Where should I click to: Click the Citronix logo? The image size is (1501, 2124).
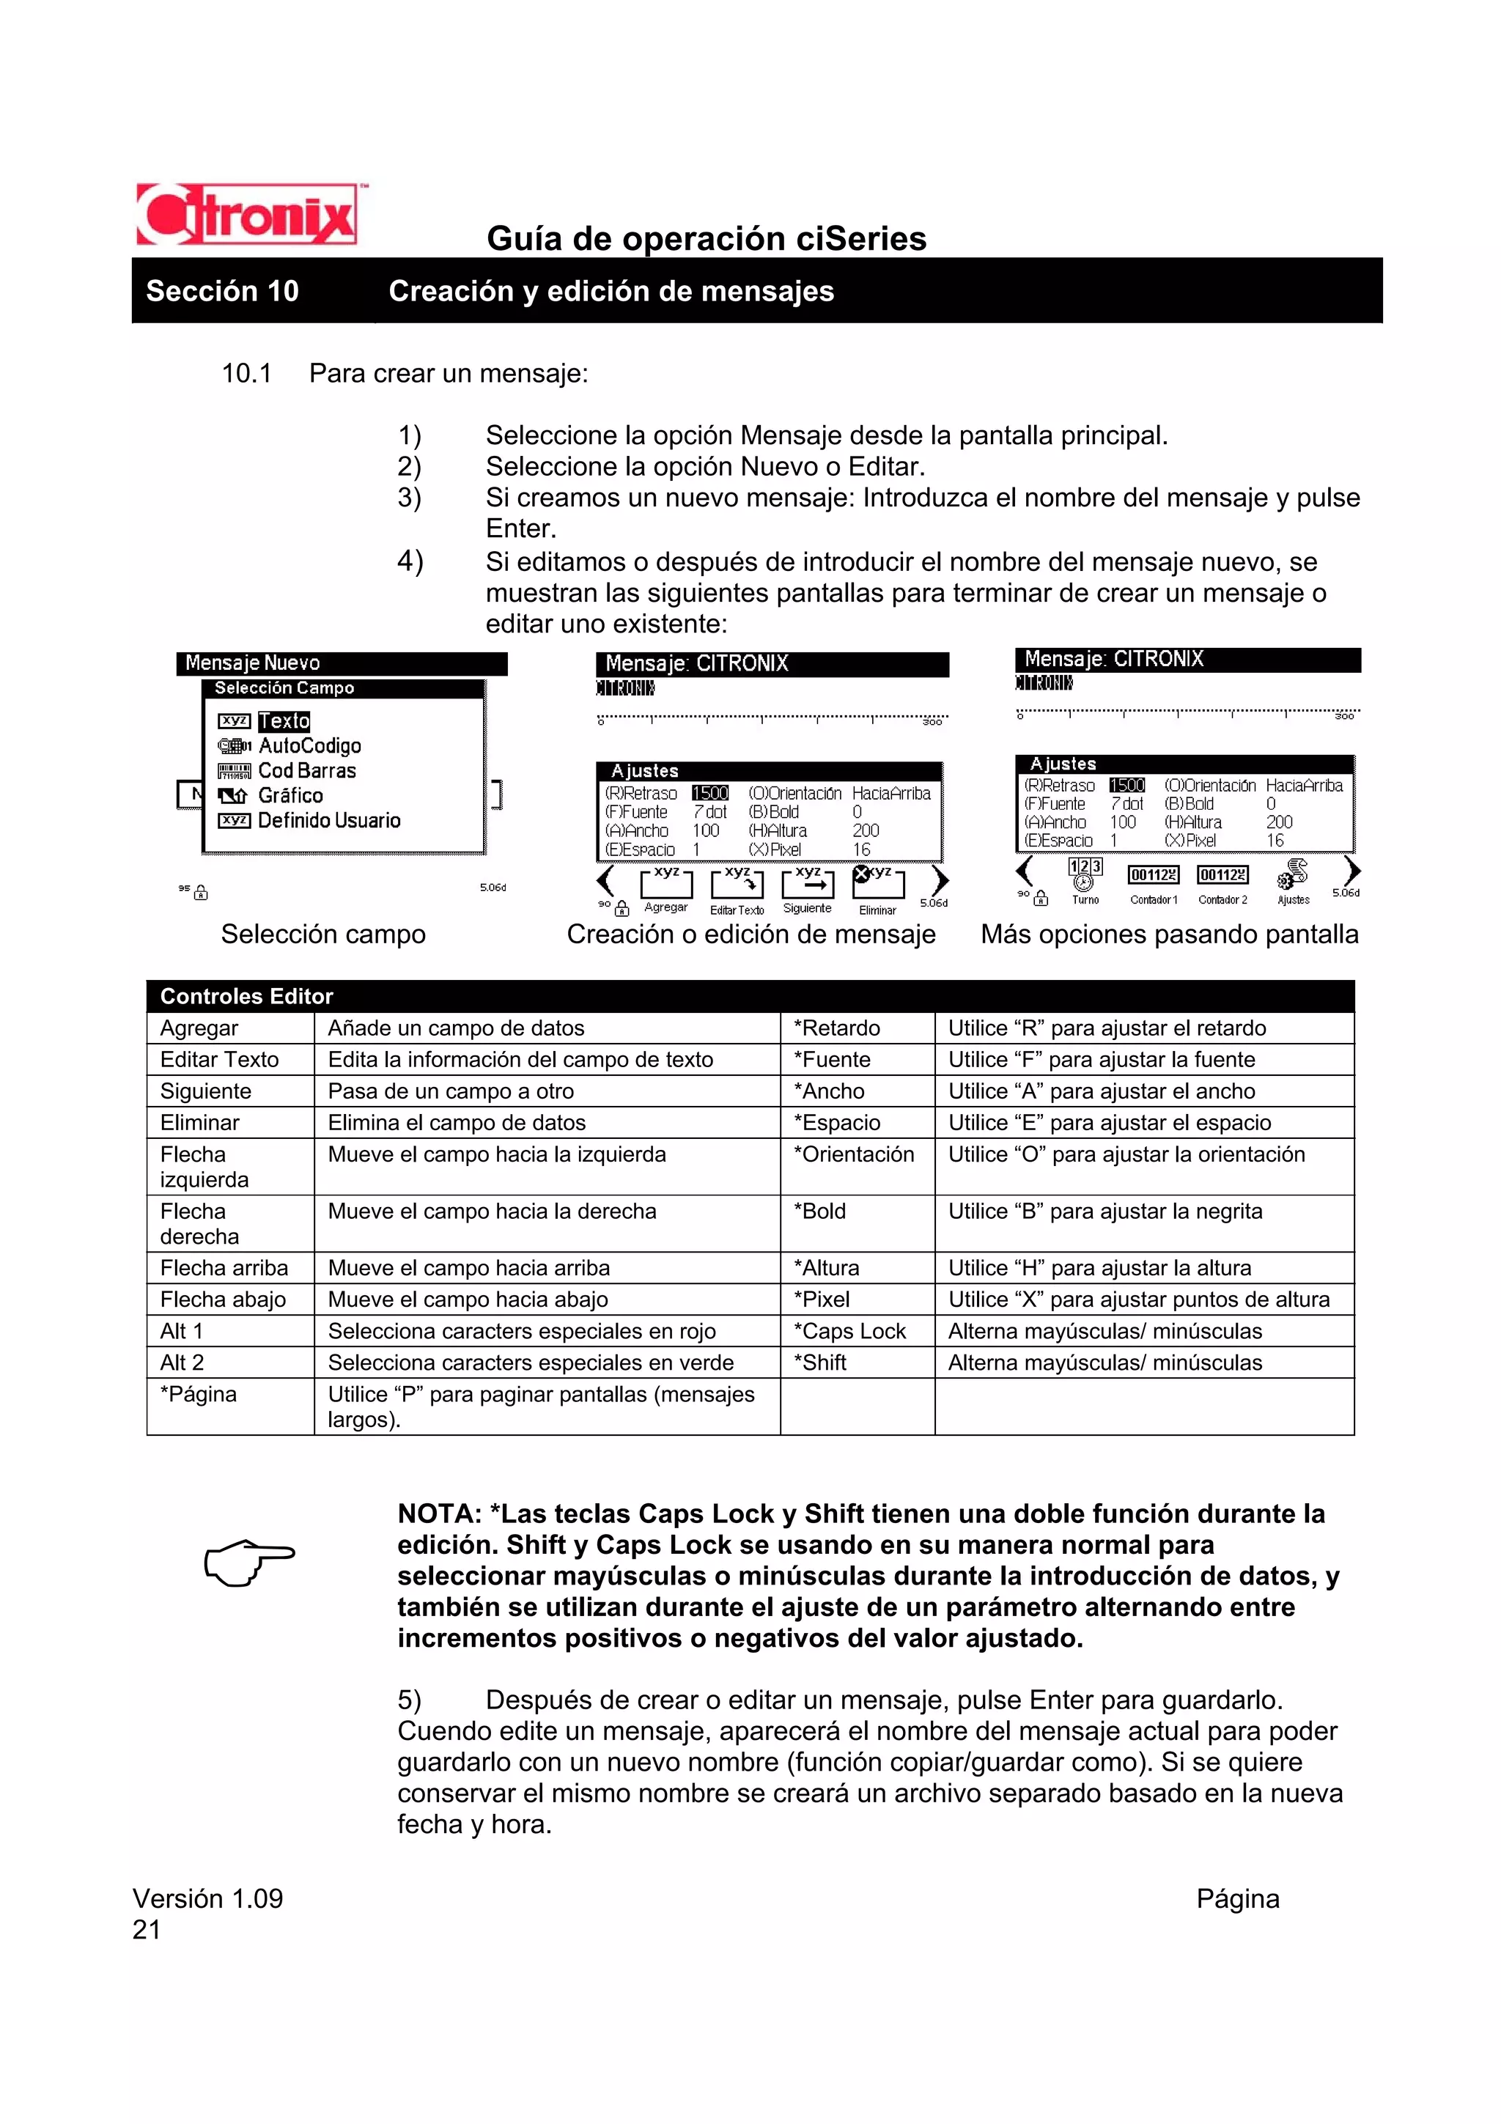click(x=248, y=215)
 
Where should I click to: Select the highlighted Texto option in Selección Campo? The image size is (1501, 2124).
click(x=284, y=720)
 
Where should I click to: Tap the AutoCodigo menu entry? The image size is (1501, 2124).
click(x=309, y=745)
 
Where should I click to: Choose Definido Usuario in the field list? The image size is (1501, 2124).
click(x=328, y=821)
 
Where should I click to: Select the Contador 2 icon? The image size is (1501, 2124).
click(x=1222, y=875)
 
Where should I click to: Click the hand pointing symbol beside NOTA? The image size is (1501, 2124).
click(x=248, y=1562)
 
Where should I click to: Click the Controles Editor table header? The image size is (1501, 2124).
click(x=246, y=996)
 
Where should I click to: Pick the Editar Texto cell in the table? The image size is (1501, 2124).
click(x=219, y=1059)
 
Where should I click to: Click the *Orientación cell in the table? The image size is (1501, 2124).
click(x=852, y=1154)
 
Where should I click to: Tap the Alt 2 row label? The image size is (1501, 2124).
click(x=182, y=1362)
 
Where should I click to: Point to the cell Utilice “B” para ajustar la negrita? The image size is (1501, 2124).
click(x=1104, y=1212)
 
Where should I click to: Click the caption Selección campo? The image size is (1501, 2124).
click(x=322, y=934)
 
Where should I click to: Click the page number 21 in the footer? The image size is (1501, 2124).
click(x=146, y=1930)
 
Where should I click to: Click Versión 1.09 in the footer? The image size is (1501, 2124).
click(x=207, y=1898)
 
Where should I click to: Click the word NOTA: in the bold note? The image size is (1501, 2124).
click(x=439, y=1514)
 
